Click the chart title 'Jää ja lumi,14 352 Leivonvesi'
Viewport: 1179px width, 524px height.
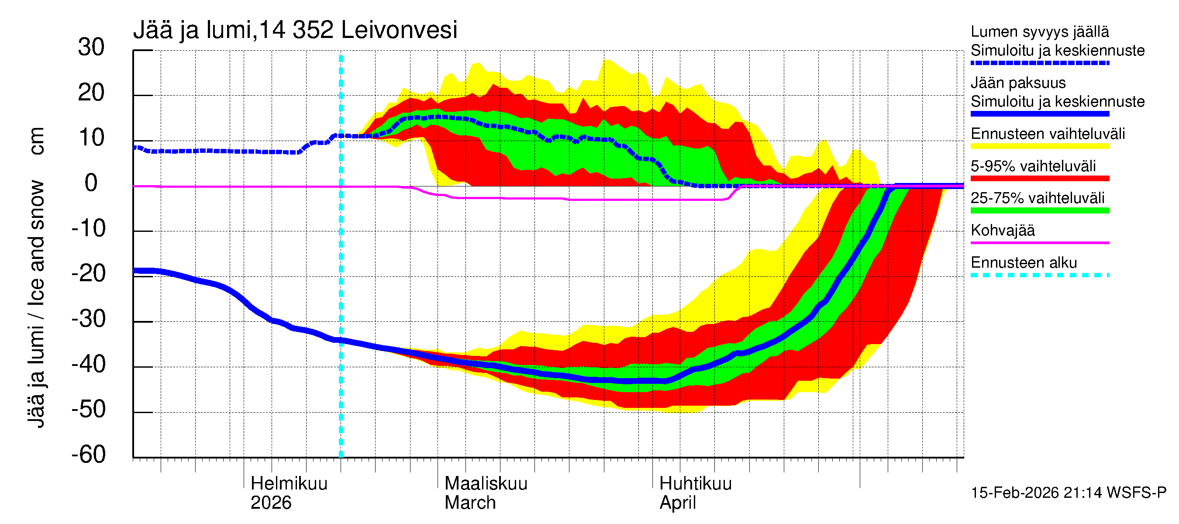(295, 30)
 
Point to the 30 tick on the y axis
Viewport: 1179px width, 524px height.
(91, 48)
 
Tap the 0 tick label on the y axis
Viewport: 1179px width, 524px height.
(91, 183)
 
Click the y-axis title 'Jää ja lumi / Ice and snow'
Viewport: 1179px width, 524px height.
(36, 304)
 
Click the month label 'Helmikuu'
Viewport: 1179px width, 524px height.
(289, 484)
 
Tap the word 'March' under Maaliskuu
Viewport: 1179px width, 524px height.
(470, 503)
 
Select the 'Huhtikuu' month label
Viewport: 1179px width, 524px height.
(695, 484)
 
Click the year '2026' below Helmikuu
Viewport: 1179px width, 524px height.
(271, 503)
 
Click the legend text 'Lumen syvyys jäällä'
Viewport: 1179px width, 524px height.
(1039, 32)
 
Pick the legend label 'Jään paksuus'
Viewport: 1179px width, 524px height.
(1018, 83)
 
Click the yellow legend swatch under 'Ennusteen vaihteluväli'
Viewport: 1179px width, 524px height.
(1039, 146)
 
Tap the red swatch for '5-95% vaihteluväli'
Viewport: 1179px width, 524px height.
(1039, 179)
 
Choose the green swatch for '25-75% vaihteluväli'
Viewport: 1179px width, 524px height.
(1039, 210)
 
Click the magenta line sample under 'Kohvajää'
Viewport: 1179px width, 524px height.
(1039, 242)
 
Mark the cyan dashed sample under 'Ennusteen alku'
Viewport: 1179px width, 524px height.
(1039, 275)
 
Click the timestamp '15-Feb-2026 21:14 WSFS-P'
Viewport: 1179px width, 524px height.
(1068, 493)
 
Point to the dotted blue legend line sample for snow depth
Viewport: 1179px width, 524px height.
(1039, 63)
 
